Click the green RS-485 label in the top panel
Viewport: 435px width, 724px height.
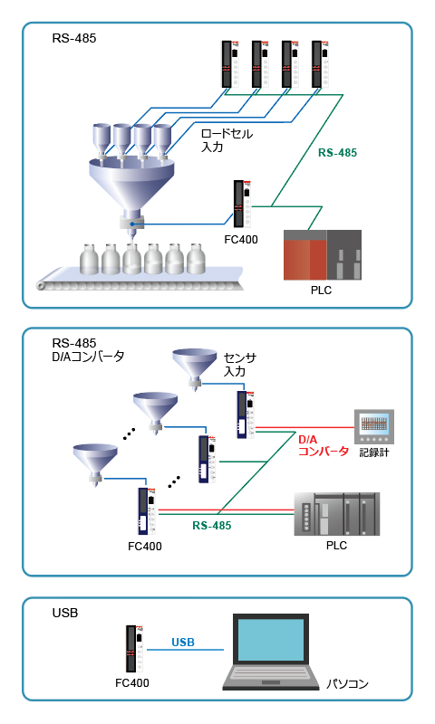click(337, 153)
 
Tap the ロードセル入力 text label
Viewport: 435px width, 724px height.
click(227, 140)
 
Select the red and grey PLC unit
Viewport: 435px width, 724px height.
click(323, 255)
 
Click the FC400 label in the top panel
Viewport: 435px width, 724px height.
click(241, 240)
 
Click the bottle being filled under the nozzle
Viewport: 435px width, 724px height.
click(131, 259)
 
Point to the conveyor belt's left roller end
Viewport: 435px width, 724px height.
click(42, 285)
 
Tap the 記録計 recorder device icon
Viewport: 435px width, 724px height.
click(373, 427)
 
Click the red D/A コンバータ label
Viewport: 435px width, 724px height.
click(323, 445)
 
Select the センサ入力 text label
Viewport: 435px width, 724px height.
click(240, 365)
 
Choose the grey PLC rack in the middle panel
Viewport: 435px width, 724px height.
click(336, 514)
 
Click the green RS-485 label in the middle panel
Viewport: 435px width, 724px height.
click(212, 526)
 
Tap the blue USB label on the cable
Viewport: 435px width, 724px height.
click(183, 643)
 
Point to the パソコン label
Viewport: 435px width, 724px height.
click(348, 683)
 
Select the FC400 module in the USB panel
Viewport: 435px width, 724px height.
click(134, 649)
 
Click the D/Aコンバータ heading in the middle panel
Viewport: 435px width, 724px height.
click(88, 357)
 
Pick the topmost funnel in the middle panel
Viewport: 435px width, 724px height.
click(195, 367)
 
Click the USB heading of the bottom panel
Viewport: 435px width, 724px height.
click(65, 613)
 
